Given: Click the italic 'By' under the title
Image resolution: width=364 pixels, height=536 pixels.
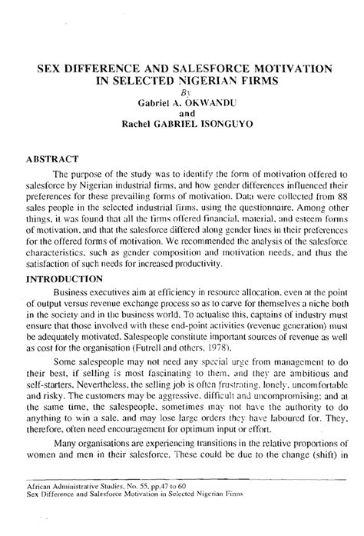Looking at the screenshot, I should click(183, 91).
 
